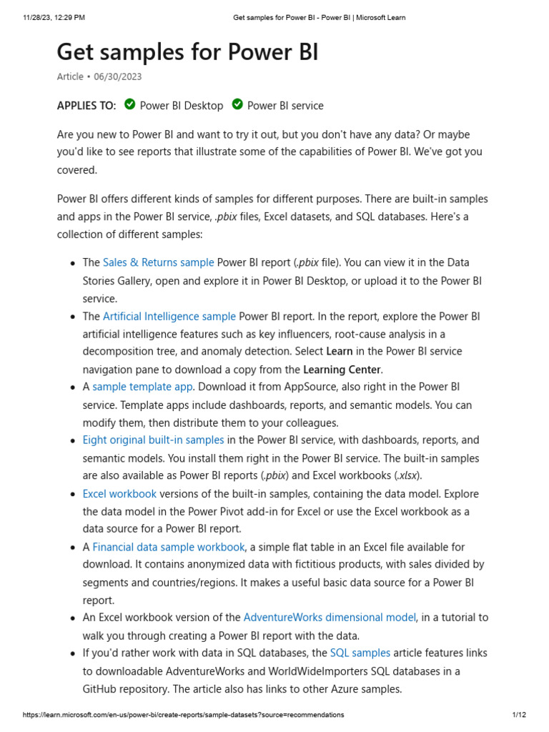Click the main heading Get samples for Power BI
pyautogui.click(x=187, y=52)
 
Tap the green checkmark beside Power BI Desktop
pyautogui.click(x=129, y=104)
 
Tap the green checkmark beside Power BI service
pyautogui.click(x=237, y=104)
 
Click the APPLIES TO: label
pyautogui.click(x=86, y=106)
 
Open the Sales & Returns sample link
pyautogui.click(x=158, y=262)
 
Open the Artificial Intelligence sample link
pyautogui.click(x=169, y=316)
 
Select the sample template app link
pyautogui.click(x=142, y=387)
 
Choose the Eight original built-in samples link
pyautogui.click(x=153, y=440)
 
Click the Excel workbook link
pyautogui.click(x=119, y=493)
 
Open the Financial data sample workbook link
pyautogui.click(x=169, y=547)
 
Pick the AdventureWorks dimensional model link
pyautogui.click(x=330, y=617)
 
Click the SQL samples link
pyautogui.click(x=360, y=653)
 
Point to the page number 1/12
pyautogui.click(x=519, y=715)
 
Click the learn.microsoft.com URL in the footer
pyautogui.click(x=184, y=715)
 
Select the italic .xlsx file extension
pyautogui.click(x=408, y=475)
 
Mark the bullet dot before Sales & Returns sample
pyautogui.click(x=73, y=264)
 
